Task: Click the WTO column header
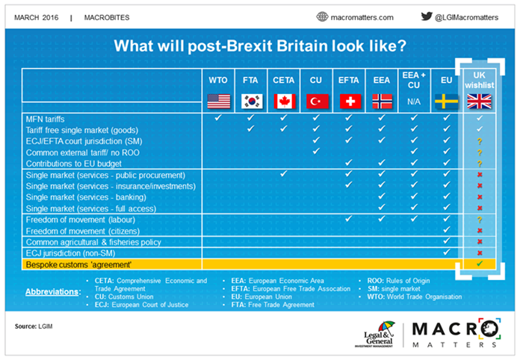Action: [219, 78]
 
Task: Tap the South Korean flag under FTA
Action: [251, 101]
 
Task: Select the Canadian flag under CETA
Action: [284, 101]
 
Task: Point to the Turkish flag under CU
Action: [316, 101]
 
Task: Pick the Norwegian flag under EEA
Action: [381, 101]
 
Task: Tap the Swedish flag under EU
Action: [446, 101]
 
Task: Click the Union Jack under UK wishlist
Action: [479, 102]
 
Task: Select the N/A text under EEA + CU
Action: [413, 101]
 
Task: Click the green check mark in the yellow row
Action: [480, 264]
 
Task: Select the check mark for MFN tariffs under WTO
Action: [218, 118]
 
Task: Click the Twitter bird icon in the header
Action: [427, 16]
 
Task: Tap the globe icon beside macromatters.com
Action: [323, 16]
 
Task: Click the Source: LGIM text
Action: [34, 326]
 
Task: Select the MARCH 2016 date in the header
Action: [38, 16]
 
